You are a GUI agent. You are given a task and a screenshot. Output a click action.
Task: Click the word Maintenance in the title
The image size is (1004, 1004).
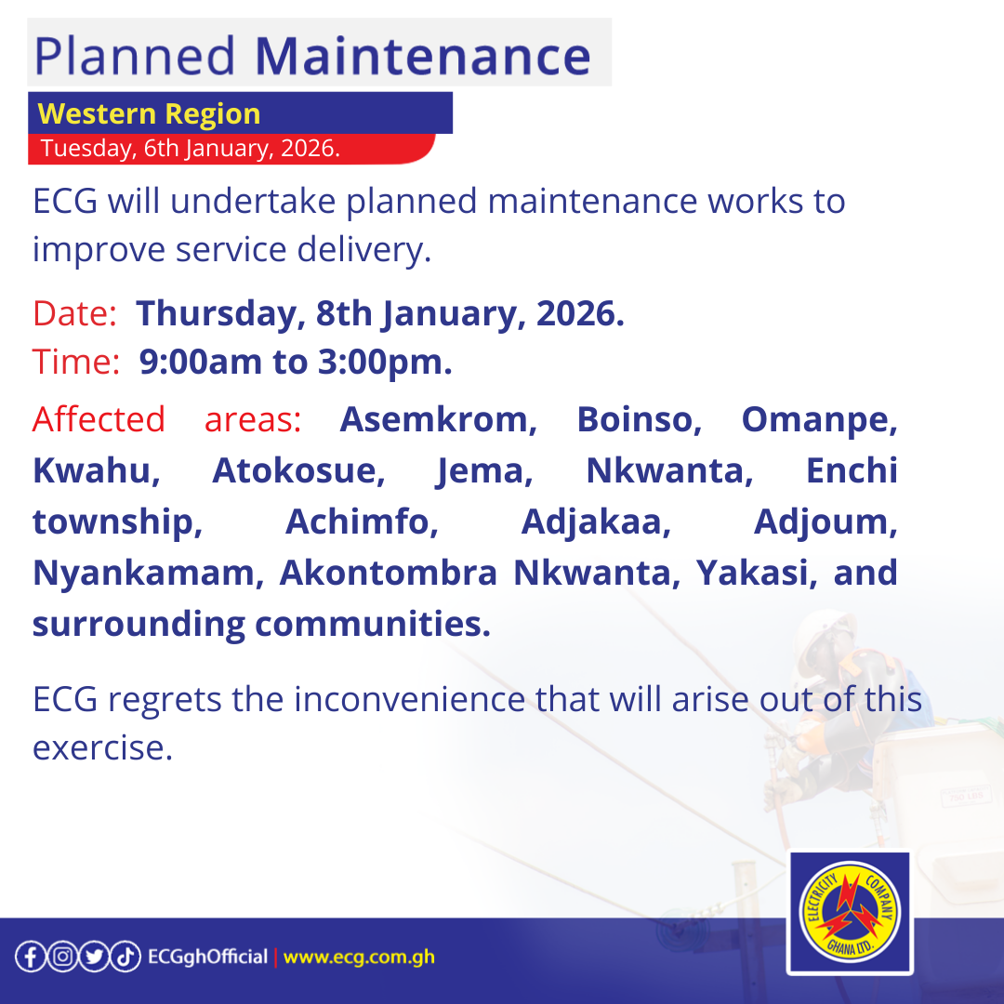pos(423,57)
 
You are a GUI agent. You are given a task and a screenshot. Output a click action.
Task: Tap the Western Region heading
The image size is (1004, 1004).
pos(149,114)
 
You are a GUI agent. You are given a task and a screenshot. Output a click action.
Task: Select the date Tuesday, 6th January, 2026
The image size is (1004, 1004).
pos(190,148)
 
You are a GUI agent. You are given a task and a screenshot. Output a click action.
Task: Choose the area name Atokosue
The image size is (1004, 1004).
pos(298,471)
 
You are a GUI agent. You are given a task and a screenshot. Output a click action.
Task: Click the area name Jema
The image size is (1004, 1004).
pos(484,471)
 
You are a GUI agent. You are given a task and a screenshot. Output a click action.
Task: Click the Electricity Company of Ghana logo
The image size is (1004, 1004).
pos(849,913)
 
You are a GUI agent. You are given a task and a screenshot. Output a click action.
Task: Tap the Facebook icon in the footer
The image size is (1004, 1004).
pos(30,957)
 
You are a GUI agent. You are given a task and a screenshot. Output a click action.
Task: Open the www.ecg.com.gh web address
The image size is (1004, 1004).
pos(359,957)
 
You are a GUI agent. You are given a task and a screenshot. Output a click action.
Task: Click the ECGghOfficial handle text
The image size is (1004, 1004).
pos(207,957)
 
